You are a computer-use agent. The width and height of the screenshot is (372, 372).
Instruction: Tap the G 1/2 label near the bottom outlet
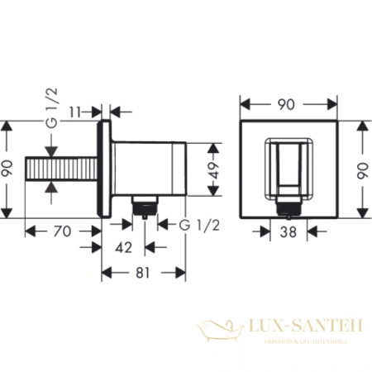(x=187, y=223)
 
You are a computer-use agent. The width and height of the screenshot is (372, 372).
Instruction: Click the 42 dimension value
(x=123, y=246)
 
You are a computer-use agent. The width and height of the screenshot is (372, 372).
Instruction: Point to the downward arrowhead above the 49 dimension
(x=214, y=148)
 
